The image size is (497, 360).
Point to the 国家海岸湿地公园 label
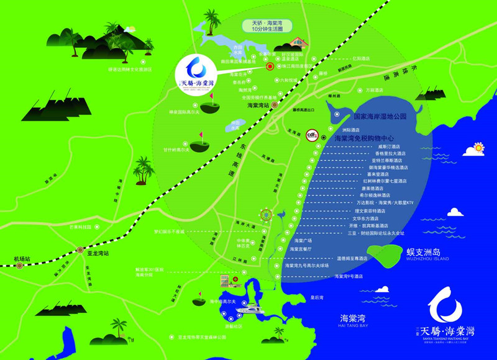[x=379, y=116]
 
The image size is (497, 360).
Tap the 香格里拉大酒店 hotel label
[x=390, y=153]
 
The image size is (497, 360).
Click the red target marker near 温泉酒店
[x=270, y=66]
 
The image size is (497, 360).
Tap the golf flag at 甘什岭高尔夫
[x=201, y=135]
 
